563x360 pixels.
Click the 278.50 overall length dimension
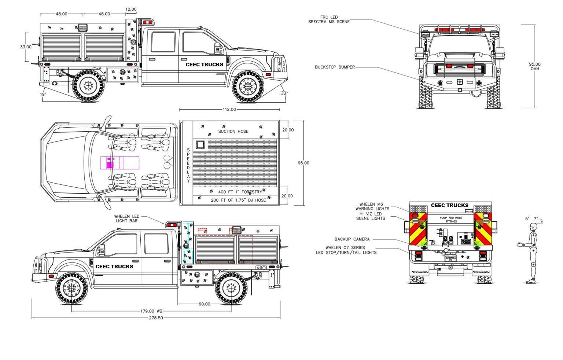pos(156,318)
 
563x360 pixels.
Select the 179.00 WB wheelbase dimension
pos(151,311)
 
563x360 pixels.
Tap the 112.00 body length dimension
pos(229,109)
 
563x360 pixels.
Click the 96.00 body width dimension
pos(303,163)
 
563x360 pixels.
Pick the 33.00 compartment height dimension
pos(26,47)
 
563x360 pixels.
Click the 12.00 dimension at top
pos(131,9)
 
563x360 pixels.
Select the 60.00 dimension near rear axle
pos(204,304)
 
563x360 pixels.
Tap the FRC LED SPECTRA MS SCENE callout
pos(329,19)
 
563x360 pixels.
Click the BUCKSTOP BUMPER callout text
pos(335,67)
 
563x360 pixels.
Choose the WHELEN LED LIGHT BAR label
pos(127,218)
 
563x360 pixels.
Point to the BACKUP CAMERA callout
pos(352,239)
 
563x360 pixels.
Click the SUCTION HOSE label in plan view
pos(233,131)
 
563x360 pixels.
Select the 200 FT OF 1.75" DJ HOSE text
pos(238,200)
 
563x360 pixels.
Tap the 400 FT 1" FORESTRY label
pos(240,192)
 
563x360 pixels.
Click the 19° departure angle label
pos(43,94)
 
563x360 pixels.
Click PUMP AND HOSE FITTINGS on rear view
pos(451,220)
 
